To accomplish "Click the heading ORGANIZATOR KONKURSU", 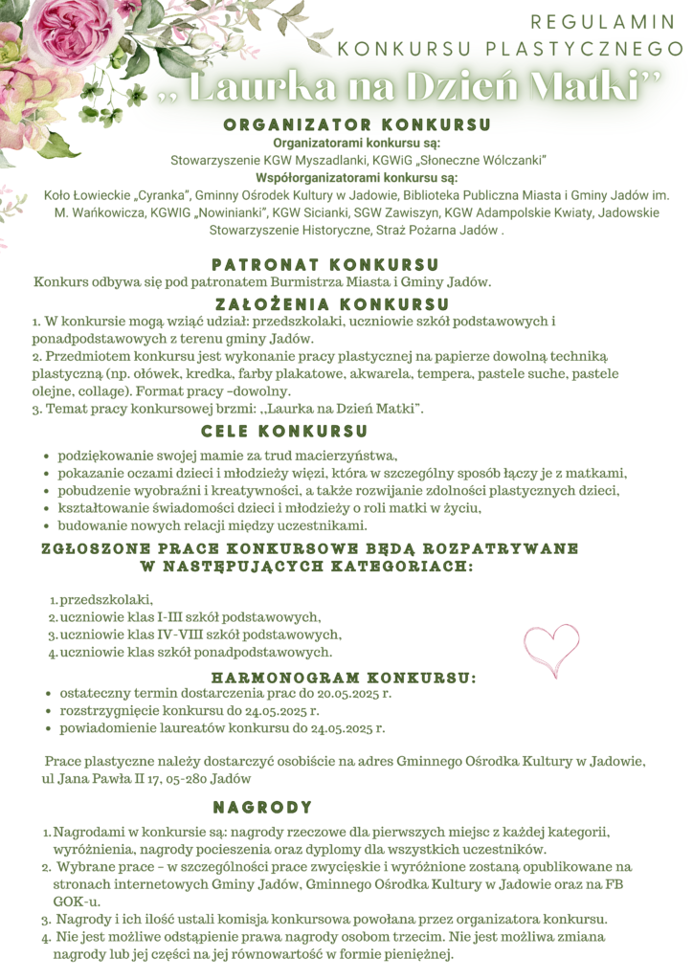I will (x=357, y=124).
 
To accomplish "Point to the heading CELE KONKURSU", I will (x=284, y=432).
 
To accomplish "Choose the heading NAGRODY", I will (x=262, y=807).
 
